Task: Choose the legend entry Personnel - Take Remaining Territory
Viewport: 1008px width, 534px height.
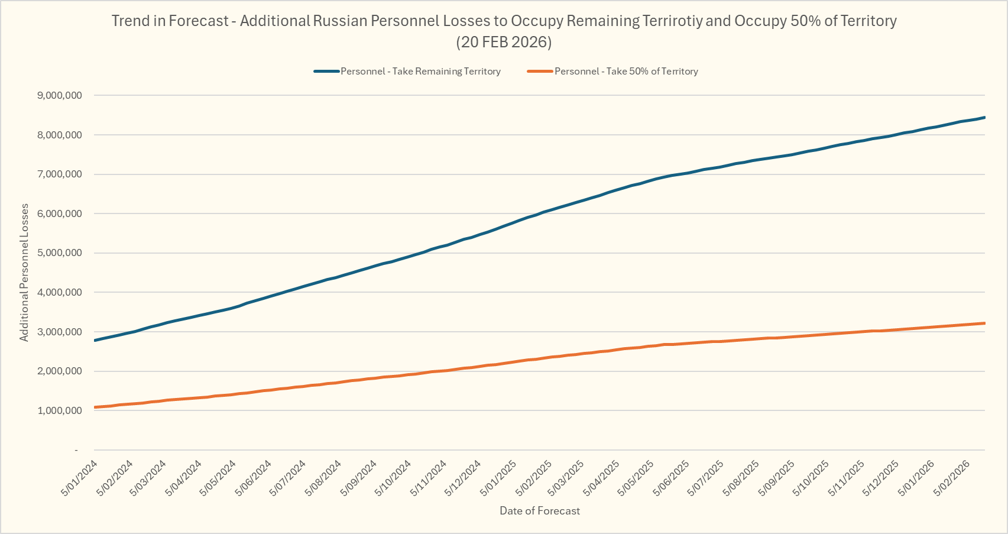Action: [420, 72]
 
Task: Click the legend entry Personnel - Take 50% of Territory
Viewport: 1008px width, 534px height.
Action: [626, 72]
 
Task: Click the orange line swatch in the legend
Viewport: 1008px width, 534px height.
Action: [539, 72]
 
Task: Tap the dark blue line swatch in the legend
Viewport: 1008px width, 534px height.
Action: [326, 72]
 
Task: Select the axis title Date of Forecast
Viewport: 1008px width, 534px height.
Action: [540, 511]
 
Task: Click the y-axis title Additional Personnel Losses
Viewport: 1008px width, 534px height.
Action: [24, 273]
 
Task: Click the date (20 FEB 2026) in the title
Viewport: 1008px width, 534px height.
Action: [504, 43]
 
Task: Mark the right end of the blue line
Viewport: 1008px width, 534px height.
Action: [984, 117]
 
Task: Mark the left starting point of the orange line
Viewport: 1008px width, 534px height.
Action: [95, 407]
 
